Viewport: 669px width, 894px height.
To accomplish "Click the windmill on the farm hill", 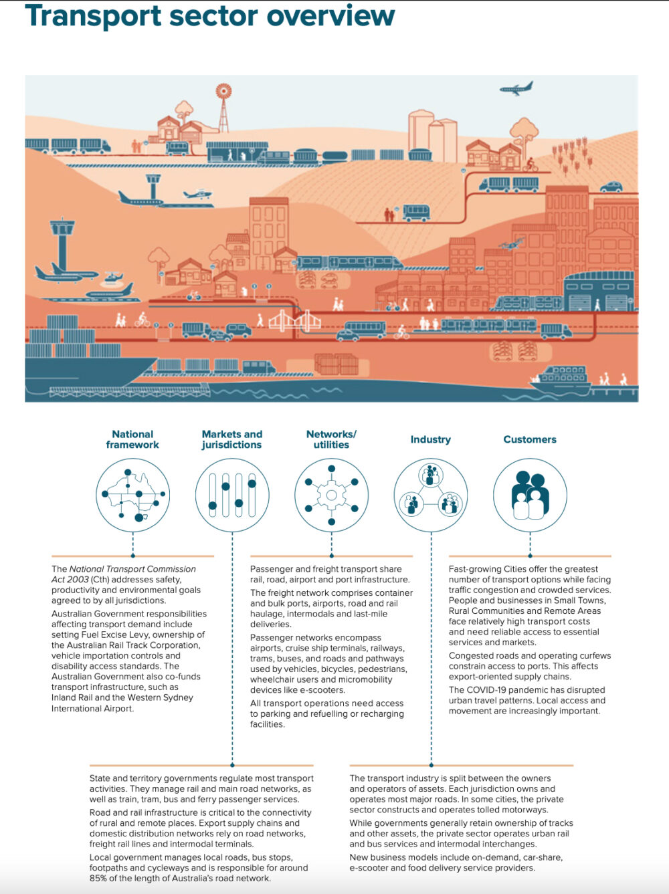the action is [x=223, y=107].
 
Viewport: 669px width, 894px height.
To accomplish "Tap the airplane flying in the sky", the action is [x=516, y=88].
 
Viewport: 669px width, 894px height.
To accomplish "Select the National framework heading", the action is [x=132, y=439].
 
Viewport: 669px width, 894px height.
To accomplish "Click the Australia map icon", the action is [x=133, y=495].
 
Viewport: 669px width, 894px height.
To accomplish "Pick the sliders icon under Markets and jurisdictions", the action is [x=232, y=495].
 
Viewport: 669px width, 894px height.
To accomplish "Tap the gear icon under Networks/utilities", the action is [x=332, y=495].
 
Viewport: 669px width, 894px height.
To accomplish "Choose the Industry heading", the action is [x=431, y=439].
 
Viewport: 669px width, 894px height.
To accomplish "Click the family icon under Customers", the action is [x=530, y=495].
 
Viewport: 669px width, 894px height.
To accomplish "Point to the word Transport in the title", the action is [x=93, y=16].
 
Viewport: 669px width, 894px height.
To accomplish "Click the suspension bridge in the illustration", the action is [x=294, y=320].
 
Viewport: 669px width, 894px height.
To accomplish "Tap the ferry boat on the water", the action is [x=561, y=380].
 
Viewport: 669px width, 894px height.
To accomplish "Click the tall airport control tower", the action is [x=62, y=243].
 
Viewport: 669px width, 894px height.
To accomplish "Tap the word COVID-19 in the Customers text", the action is [x=486, y=690].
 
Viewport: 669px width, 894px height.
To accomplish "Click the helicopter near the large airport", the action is [x=112, y=277].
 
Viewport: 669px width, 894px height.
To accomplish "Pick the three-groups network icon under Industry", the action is [x=431, y=495].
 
